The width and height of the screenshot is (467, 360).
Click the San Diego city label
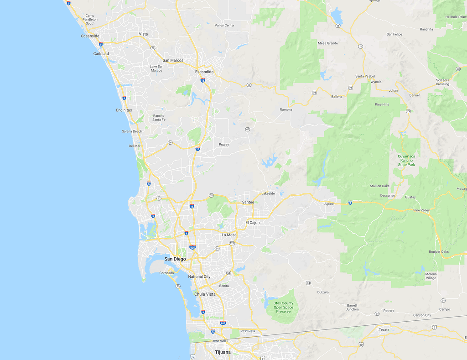(x=175, y=259)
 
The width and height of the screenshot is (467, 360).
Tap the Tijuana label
(x=223, y=352)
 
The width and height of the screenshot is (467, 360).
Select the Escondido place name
(x=204, y=72)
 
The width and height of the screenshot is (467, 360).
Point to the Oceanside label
(x=90, y=36)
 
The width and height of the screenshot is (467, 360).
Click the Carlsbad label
(x=101, y=54)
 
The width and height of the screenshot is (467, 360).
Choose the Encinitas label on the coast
(x=124, y=110)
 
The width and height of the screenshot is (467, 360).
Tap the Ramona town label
(x=286, y=110)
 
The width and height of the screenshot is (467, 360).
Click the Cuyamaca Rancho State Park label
(x=406, y=160)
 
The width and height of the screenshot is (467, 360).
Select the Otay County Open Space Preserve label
(x=283, y=307)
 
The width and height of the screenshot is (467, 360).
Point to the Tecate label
(x=384, y=329)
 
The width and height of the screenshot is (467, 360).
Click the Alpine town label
(x=329, y=204)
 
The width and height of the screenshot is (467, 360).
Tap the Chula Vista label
(x=205, y=294)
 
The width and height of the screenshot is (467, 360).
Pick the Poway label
(x=224, y=145)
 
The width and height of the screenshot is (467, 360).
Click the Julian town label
(x=393, y=90)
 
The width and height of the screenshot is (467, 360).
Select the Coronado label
(x=166, y=273)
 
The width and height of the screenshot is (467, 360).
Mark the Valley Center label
(x=224, y=25)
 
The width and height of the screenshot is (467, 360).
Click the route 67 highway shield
(x=248, y=129)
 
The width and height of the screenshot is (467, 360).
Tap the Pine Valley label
(x=421, y=210)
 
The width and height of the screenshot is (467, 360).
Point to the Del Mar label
(x=135, y=146)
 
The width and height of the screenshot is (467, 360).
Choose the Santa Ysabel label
(x=365, y=76)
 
